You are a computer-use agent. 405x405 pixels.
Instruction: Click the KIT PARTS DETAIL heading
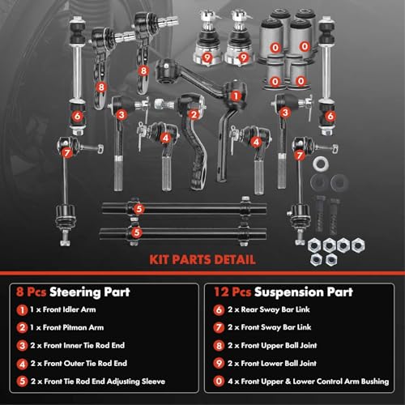[202, 260]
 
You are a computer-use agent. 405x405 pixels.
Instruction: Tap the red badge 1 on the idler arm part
[236, 95]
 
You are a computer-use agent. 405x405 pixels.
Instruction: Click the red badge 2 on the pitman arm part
[194, 113]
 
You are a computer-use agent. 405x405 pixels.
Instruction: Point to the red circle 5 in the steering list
[19, 381]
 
